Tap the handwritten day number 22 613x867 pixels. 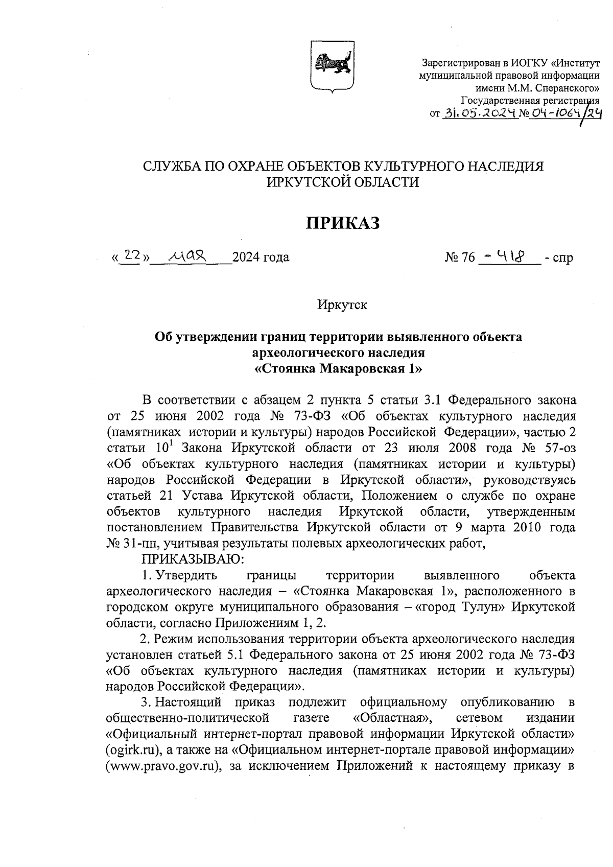132,254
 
